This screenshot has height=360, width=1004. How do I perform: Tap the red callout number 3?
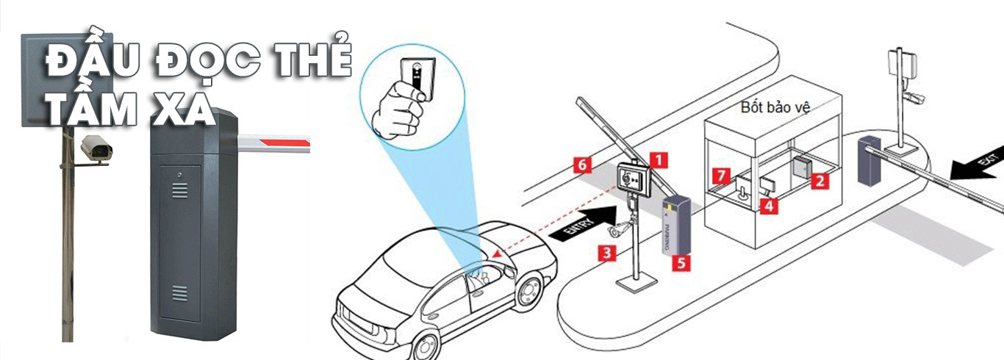[606, 254]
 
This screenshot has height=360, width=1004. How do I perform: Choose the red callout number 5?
[682, 262]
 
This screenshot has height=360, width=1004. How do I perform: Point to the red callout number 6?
[581, 165]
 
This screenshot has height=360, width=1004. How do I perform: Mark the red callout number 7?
[722, 176]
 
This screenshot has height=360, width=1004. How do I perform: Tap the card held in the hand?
[416, 79]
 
